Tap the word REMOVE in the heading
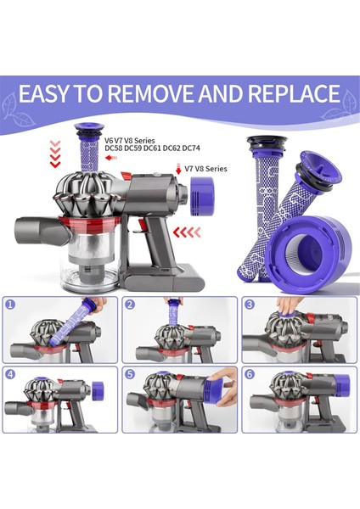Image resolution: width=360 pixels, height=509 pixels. pos(157,92)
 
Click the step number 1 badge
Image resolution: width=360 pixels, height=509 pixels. pos(9,303)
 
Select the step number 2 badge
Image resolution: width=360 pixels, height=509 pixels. pos(130,303)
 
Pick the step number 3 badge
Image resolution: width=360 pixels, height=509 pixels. pos(250,303)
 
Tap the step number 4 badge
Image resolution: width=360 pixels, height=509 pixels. pos(9,373)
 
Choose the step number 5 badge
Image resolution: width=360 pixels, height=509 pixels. pos(130,373)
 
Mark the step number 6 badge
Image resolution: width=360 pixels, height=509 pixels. pos(250,373)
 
